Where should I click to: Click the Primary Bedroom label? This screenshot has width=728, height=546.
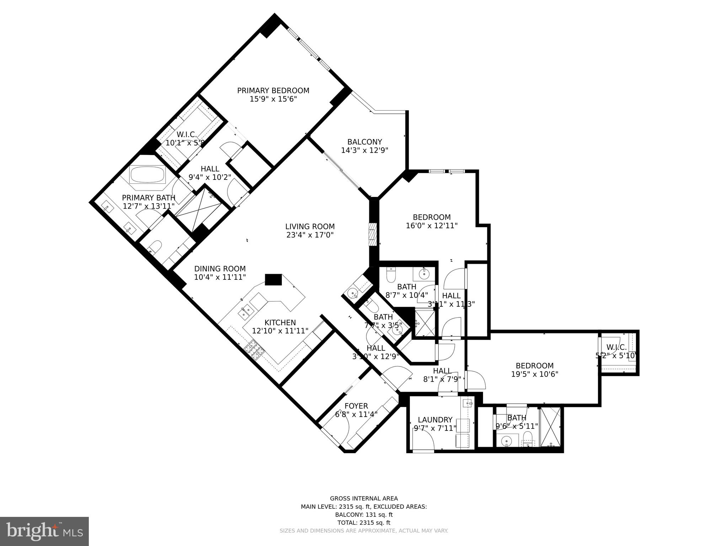(x=273, y=91)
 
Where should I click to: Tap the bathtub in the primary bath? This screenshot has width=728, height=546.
(x=147, y=175)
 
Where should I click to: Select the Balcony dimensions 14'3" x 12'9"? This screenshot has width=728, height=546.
(x=364, y=150)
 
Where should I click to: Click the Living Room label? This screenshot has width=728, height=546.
(x=310, y=226)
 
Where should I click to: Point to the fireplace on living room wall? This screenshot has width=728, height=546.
(x=372, y=234)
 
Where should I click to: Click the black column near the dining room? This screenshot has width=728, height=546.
(x=273, y=279)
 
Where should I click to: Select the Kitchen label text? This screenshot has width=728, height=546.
(x=280, y=322)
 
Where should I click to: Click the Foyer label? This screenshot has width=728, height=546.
(x=356, y=406)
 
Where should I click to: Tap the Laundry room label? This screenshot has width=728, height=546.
(x=435, y=420)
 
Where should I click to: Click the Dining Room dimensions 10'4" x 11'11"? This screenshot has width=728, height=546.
(x=220, y=277)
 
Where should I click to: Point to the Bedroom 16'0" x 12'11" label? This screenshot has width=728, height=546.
(x=432, y=217)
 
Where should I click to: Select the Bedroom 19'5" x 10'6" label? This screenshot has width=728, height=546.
(x=535, y=366)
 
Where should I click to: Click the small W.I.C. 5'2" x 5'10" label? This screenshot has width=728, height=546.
(x=616, y=347)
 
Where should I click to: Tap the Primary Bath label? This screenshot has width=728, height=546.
(x=149, y=198)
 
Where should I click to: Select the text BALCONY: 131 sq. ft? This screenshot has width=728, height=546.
(x=364, y=515)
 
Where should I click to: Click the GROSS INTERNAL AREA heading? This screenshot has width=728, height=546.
(x=364, y=499)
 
